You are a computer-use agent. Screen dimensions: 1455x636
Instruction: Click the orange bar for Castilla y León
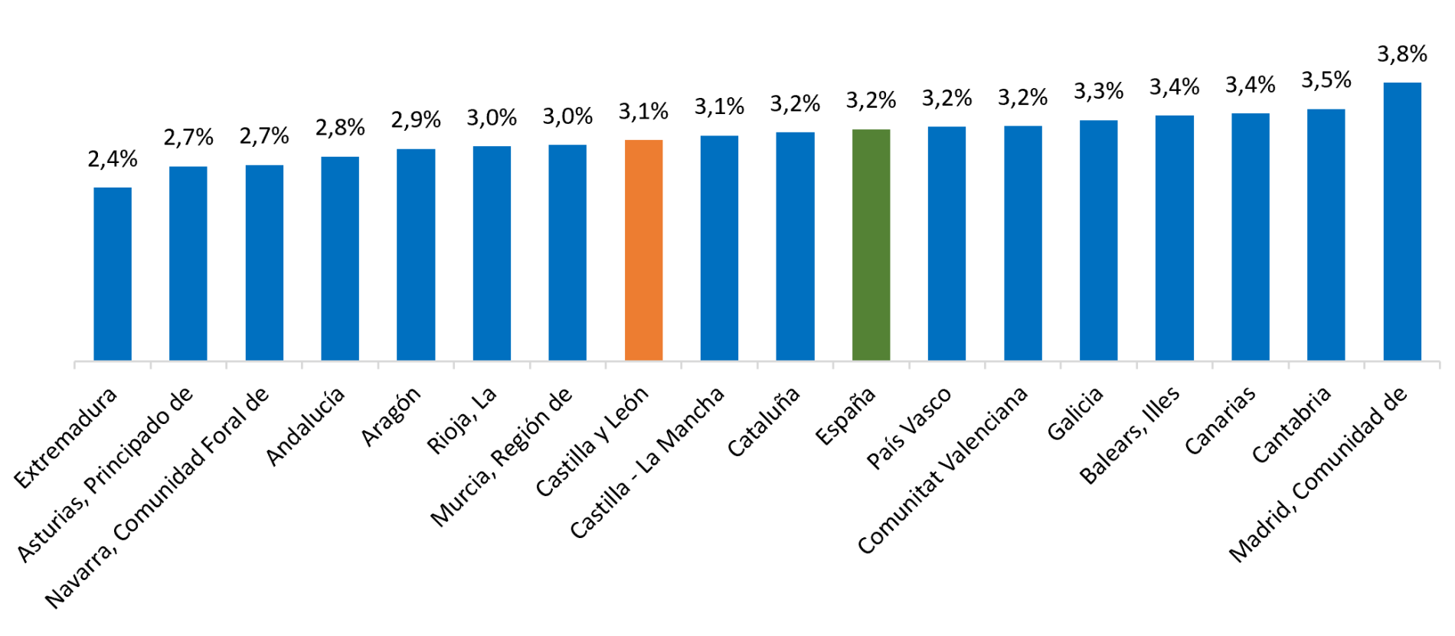tap(643, 250)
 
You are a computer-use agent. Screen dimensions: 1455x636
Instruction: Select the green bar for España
tap(871, 245)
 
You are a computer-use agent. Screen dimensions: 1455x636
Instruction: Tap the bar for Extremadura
tap(113, 274)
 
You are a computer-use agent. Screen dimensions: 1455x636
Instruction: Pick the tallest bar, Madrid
tap(1402, 221)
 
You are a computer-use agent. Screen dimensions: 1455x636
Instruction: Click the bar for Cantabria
tap(1326, 234)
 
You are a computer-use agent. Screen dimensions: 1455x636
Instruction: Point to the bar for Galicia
tap(1099, 240)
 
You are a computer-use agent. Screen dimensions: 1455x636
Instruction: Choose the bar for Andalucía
tap(340, 259)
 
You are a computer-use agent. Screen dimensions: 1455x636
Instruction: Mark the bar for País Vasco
tap(947, 243)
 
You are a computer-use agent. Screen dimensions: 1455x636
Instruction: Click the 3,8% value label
tap(1402, 54)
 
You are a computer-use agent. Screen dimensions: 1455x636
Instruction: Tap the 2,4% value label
tap(113, 159)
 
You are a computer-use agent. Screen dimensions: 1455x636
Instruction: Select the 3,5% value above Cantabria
tap(1326, 80)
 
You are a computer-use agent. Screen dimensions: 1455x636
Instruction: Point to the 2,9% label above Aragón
tap(416, 119)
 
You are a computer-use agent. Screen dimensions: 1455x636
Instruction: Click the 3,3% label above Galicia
tap(1099, 91)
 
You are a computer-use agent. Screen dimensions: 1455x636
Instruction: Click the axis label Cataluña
tap(763, 421)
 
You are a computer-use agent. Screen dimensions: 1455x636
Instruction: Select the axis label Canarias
tap(1220, 420)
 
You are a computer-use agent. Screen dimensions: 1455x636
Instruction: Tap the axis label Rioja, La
tap(462, 420)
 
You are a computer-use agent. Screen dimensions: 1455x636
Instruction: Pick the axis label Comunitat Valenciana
tap(943, 470)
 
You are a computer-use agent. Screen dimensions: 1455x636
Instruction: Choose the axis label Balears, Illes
tap(1130, 435)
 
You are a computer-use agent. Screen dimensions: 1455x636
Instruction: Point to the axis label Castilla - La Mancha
tap(647, 462)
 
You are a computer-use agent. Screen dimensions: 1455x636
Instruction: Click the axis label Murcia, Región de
tap(502, 457)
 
